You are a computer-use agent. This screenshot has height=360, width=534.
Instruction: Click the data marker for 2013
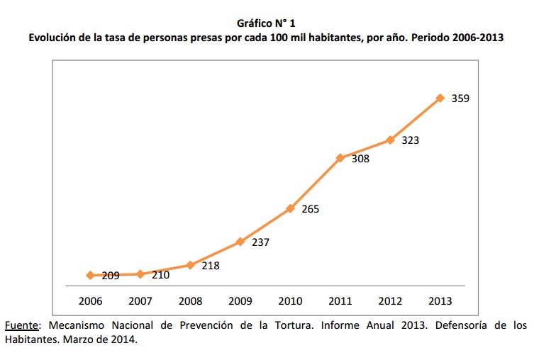click(440, 98)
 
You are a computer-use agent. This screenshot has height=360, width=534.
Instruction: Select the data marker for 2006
click(90, 275)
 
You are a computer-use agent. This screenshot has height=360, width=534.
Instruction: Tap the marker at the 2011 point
click(340, 157)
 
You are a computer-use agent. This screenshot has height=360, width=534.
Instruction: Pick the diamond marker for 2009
click(240, 242)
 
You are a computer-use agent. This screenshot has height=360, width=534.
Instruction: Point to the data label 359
click(460, 99)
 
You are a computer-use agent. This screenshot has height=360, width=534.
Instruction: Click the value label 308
click(360, 159)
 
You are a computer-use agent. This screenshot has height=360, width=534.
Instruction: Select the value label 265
click(310, 209)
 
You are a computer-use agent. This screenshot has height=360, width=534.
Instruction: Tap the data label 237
click(260, 242)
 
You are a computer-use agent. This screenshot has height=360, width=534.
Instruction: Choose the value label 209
click(111, 275)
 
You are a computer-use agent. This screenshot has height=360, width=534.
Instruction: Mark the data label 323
click(410, 140)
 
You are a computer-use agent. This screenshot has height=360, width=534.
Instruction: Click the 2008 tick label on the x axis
click(190, 301)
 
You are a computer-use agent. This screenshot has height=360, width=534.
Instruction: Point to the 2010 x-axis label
click(290, 301)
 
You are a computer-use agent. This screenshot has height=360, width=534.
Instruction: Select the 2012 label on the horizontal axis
click(390, 301)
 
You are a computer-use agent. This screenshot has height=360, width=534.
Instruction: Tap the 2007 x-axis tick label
click(140, 301)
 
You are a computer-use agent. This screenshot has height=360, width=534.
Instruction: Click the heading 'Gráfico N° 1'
click(267, 23)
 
